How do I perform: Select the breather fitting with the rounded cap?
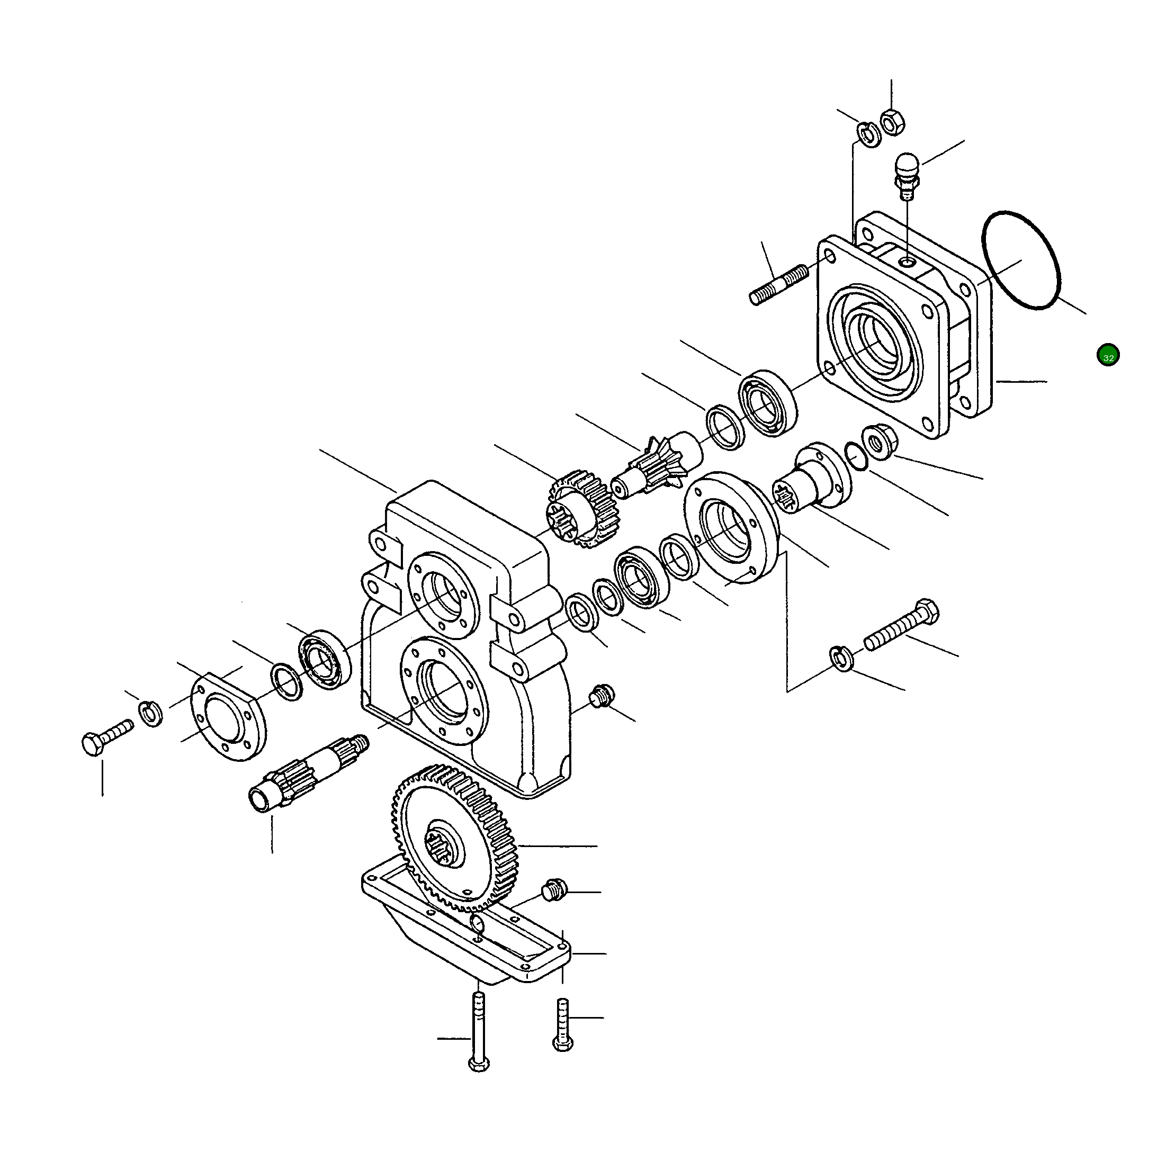coord(905,175)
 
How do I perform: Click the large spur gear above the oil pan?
coord(456,839)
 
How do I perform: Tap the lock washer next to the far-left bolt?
coord(150,713)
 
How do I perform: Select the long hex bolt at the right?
coord(902,625)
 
